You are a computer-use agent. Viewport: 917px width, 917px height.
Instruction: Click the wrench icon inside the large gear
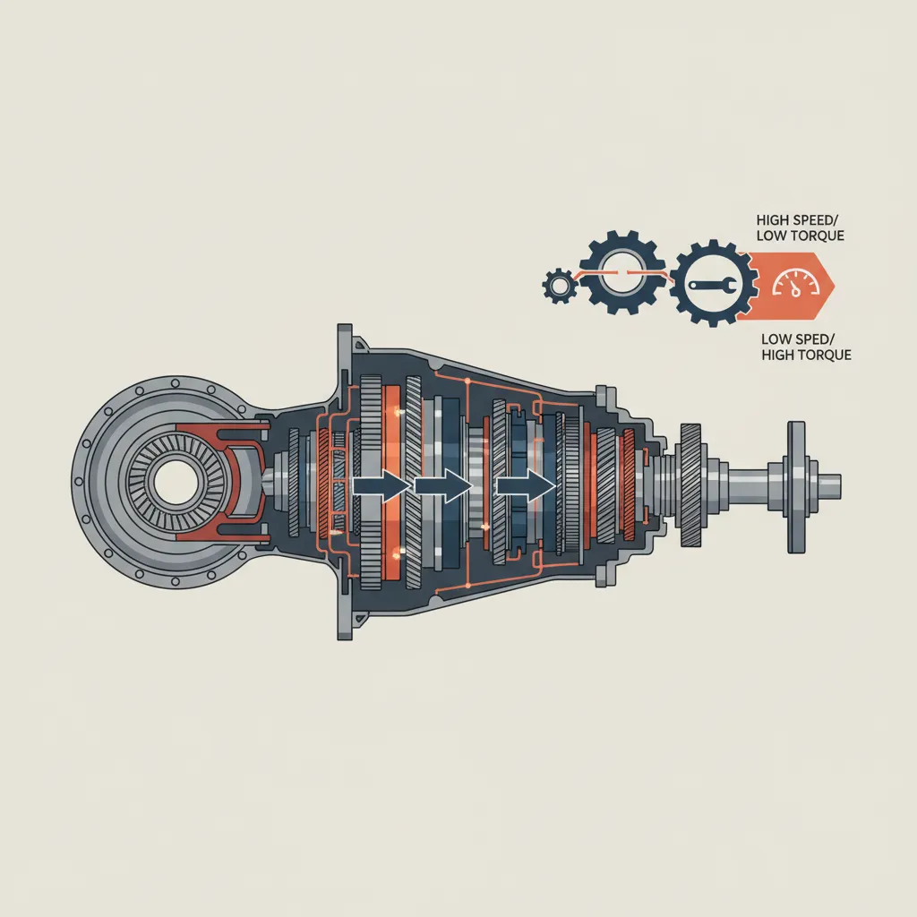click(x=707, y=286)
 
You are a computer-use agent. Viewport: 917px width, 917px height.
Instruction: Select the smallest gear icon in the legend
click(x=558, y=286)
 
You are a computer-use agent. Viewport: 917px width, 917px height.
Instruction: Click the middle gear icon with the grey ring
click(x=620, y=276)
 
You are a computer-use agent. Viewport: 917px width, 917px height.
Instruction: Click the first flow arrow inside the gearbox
click(x=381, y=487)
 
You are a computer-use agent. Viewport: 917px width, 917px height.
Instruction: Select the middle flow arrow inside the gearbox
click(x=442, y=487)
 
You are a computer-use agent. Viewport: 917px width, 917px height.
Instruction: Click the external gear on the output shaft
click(x=691, y=485)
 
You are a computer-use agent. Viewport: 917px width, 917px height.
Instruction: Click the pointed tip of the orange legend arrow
click(x=832, y=285)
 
